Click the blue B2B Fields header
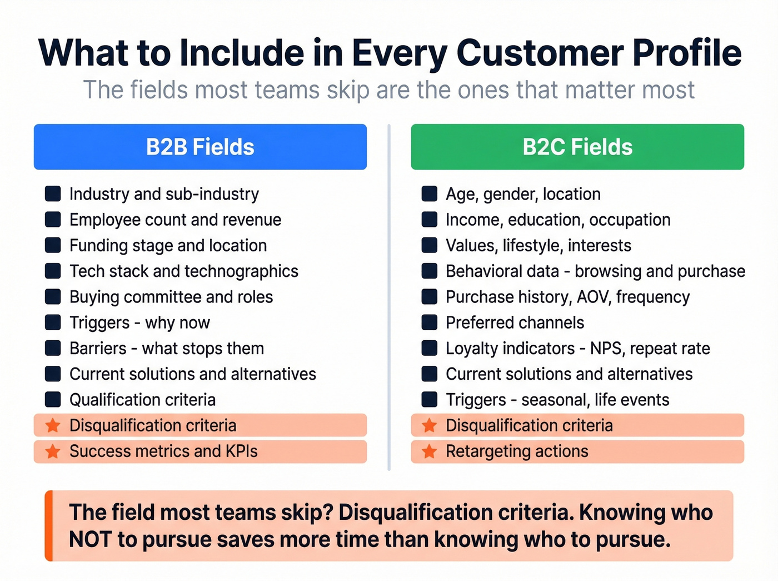[x=200, y=147]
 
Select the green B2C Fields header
[x=577, y=147]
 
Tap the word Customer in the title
[x=539, y=53]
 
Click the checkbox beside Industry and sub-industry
[x=53, y=194]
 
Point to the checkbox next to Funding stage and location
[x=53, y=245]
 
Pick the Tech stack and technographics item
[x=183, y=271]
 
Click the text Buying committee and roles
[x=171, y=297]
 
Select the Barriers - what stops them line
[x=167, y=349]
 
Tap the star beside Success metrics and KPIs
[x=53, y=451]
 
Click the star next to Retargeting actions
[x=429, y=451]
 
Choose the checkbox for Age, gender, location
[x=429, y=194]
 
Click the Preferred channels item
[x=515, y=322]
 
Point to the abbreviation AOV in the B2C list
[x=594, y=297]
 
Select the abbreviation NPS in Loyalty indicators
[x=606, y=349]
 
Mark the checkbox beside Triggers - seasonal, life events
[x=429, y=400]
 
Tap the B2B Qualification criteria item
[x=142, y=400]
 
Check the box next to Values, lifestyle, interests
[x=429, y=245]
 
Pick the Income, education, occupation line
[x=558, y=220]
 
